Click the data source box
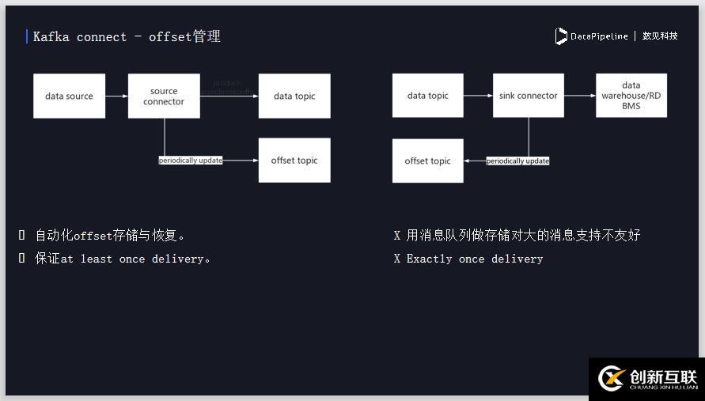pos(69,96)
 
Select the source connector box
pos(164,96)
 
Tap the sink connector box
pos(528,96)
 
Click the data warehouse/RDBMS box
pos(631,96)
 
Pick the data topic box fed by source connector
pos(294,96)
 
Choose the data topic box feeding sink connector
pos(427,96)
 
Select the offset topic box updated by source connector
pos(294,161)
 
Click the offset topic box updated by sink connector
pos(427,161)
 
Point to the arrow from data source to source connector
pos(116,96)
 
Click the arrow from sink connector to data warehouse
pos(580,96)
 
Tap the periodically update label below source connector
pos(191,161)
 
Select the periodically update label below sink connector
pos(517,161)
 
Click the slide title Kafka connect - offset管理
pos(127,36)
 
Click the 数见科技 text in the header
pos(660,36)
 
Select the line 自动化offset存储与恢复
pos(110,235)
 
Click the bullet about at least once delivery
pos(122,259)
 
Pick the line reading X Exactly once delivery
pos(468,259)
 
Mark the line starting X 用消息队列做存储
pos(517,235)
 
